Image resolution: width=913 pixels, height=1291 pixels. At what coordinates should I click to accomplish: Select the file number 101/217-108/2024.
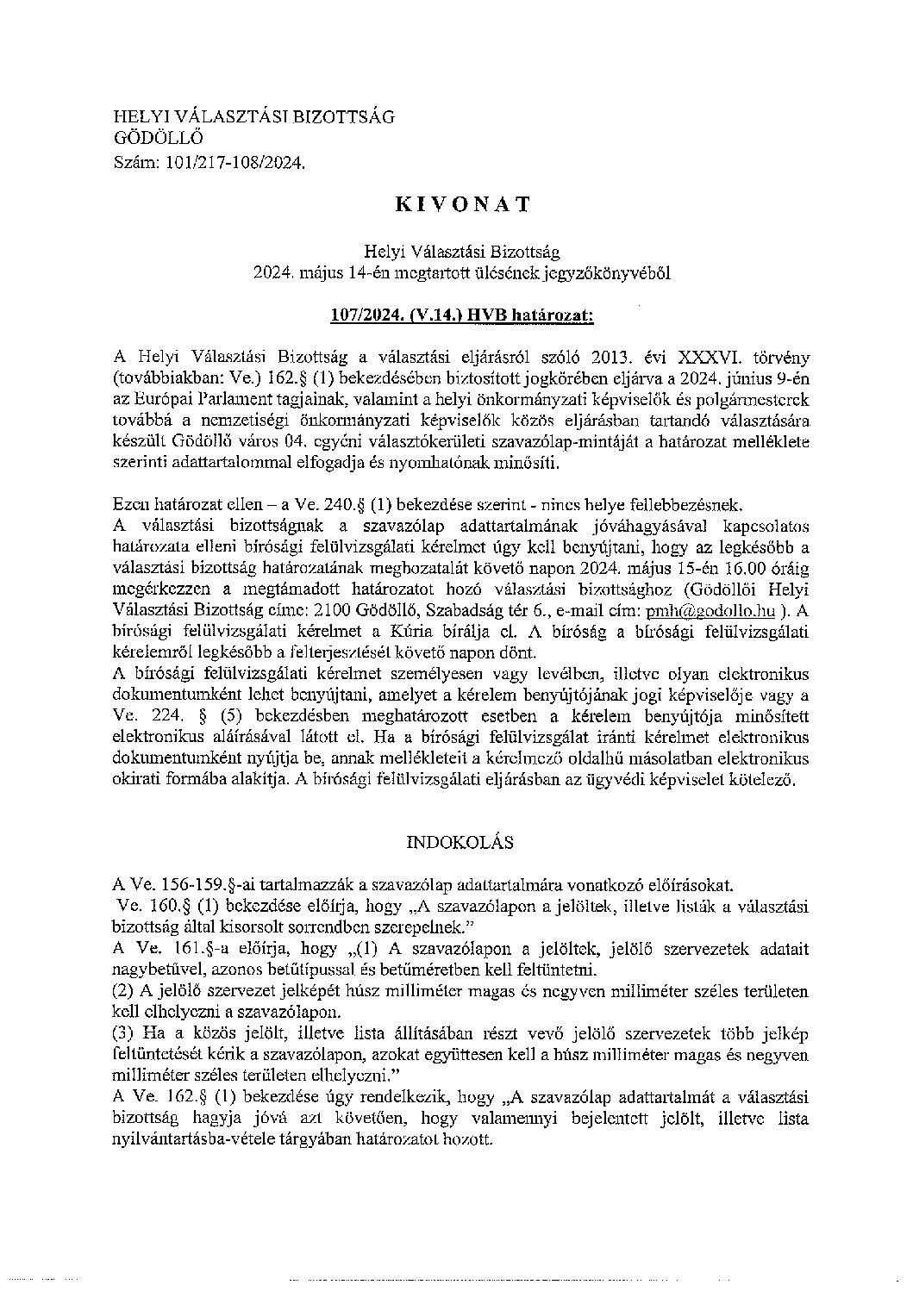231,159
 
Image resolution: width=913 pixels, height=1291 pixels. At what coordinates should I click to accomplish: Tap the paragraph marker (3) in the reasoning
126,1033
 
